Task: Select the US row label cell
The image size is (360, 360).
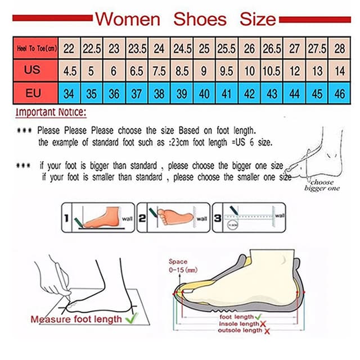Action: click(x=33, y=71)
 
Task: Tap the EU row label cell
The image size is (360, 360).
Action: click(x=33, y=93)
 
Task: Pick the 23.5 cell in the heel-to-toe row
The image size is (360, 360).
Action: click(x=136, y=49)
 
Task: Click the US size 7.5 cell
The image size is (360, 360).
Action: click(x=159, y=71)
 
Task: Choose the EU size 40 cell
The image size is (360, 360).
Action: click(x=204, y=93)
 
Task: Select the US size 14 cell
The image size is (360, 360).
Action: click(x=339, y=71)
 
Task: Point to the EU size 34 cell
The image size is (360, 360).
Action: click(x=69, y=93)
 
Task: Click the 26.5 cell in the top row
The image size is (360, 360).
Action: click(x=272, y=49)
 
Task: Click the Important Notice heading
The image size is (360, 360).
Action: click(x=51, y=112)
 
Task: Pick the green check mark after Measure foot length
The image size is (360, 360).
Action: click(x=133, y=318)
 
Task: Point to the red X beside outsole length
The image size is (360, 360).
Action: click(x=268, y=331)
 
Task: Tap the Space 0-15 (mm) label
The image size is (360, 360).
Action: click(x=182, y=265)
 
